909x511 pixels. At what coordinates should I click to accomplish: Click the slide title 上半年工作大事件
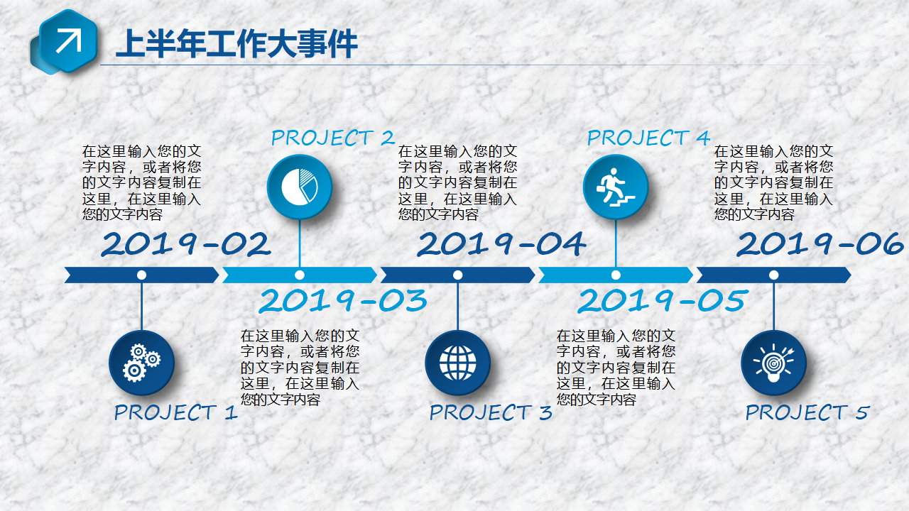[236, 44]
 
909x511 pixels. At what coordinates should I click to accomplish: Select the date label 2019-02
[186, 244]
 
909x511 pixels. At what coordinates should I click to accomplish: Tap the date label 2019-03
[343, 300]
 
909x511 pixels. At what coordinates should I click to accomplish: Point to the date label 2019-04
[501, 244]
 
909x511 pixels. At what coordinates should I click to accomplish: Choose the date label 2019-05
[662, 300]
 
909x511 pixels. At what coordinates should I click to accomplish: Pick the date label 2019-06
[820, 244]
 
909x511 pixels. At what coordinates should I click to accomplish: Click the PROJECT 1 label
[175, 412]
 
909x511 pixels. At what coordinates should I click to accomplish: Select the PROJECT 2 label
[333, 138]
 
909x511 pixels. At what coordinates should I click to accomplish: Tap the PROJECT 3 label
[491, 412]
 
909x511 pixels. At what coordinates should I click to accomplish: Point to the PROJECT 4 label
[648, 138]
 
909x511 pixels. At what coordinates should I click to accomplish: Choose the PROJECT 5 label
[807, 412]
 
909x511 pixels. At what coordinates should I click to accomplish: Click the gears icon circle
[141, 363]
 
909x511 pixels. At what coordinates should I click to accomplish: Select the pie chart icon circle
[300, 187]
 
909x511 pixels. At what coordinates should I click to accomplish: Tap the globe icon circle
[458, 363]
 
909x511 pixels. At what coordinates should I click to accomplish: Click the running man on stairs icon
[616, 187]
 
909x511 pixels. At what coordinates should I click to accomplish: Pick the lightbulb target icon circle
[773, 363]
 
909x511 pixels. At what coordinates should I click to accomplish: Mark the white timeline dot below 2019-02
[141, 275]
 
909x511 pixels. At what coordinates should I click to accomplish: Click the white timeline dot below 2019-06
[773, 275]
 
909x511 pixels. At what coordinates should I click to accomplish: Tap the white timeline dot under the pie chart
[300, 275]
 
